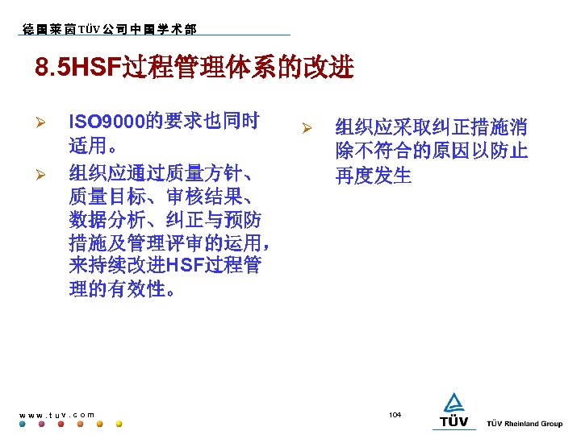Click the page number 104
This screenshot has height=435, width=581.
tap(395, 414)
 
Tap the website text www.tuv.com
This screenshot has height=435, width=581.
tap(56, 414)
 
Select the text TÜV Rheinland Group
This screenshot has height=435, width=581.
tap(525, 423)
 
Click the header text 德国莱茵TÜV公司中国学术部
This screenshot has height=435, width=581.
tap(108, 30)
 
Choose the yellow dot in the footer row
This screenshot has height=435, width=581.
tap(119, 424)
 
